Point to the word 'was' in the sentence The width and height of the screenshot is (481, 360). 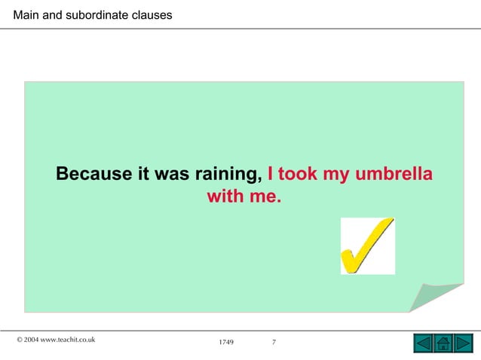coord(172,174)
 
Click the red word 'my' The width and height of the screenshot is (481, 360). coord(336,175)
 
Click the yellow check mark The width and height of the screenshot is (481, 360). coord(367,246)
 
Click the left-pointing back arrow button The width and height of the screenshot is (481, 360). coord(424,344)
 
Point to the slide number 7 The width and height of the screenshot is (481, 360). coord(274,343)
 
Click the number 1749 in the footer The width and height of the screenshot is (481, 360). coord(226,343)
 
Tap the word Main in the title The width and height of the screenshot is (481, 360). coord(26,14)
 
